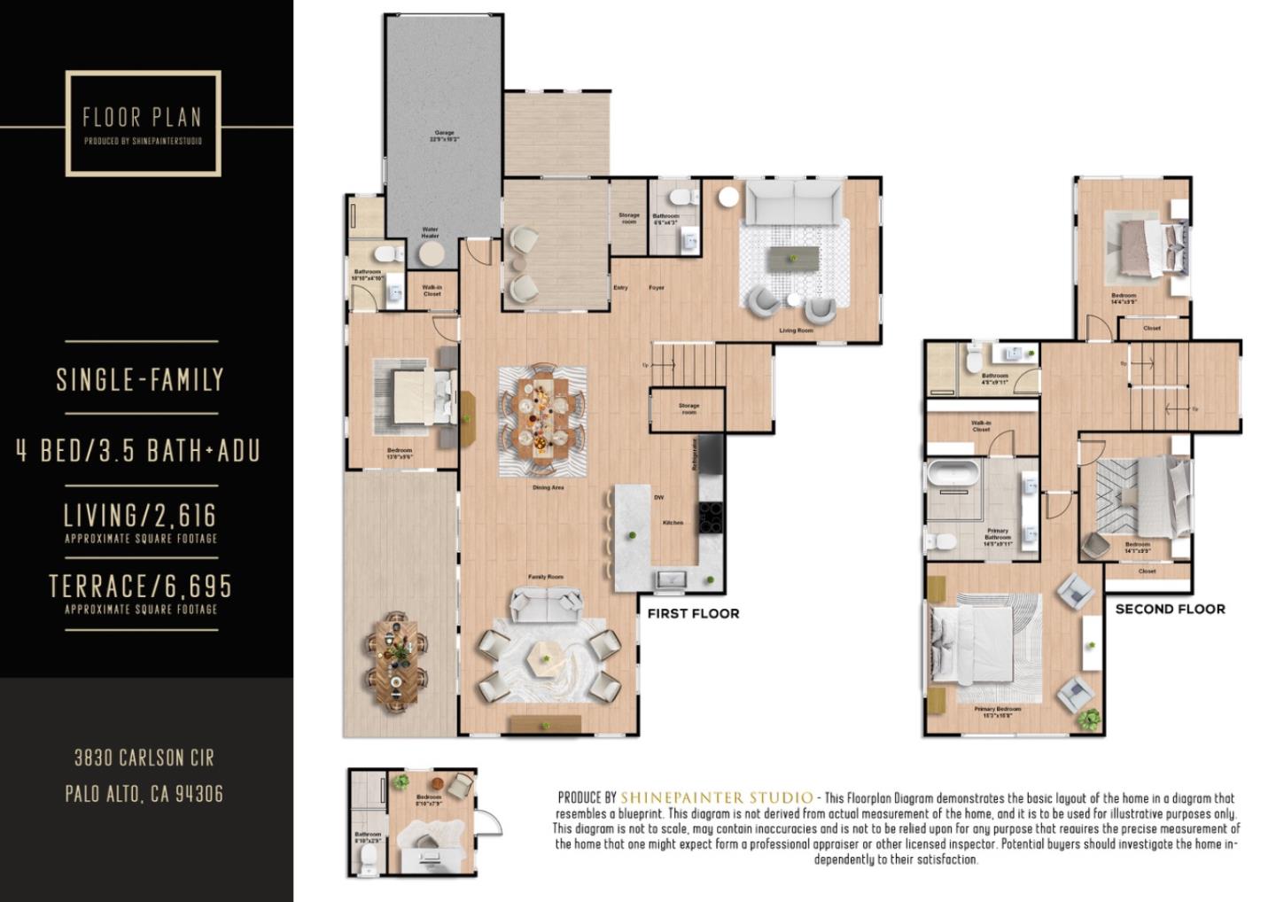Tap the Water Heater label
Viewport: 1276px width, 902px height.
coord(431,233)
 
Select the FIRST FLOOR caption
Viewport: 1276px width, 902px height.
coord(693,613)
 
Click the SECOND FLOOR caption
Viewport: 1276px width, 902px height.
coord(1170,609)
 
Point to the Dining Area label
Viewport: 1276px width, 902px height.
coord(548,487)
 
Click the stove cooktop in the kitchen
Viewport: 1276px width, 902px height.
coord(712,517)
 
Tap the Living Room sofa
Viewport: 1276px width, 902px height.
coord(793,204)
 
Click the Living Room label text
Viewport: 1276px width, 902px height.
coord(796,330)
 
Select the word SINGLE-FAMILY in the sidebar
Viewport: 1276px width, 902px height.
coord(140,380)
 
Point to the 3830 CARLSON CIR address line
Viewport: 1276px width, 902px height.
coord(144,758)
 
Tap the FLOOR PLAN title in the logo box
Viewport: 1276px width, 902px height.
coord(142,117)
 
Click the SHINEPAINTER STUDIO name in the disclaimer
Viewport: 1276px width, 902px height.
coord(716,797)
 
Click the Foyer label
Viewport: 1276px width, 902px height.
coord(657,288)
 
